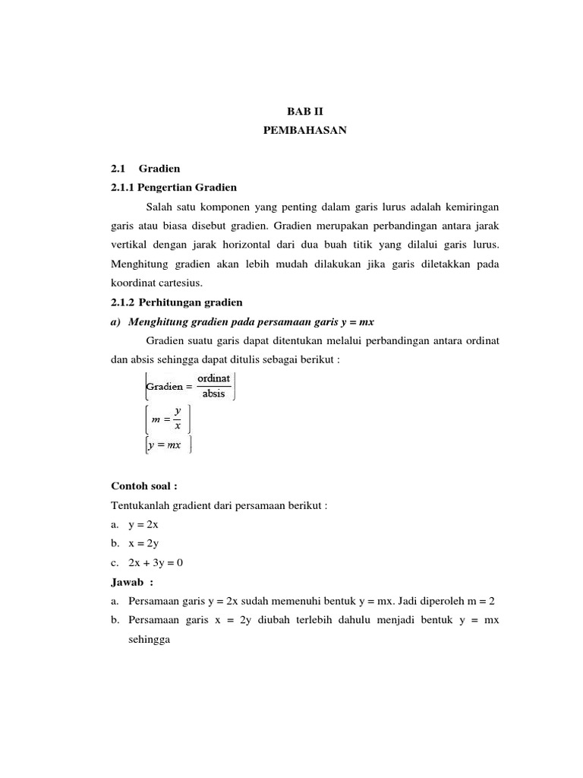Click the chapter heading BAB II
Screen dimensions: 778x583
click(x=304, y=111)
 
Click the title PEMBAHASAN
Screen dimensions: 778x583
click(x=304, y=131)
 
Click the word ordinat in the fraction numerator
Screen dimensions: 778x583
click(x=213, y=378)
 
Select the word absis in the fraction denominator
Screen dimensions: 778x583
click(x=213, y=394)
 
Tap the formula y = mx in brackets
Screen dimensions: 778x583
click(x=166, y=445)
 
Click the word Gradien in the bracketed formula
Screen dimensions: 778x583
click(x=164, y=386)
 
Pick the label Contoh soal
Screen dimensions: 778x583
click(x=143, y=486)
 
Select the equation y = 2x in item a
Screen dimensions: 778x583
click(x=143, y=525)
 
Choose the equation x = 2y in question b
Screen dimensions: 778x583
click(x=143, y=544)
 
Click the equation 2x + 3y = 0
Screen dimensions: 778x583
click(x=156, y=563)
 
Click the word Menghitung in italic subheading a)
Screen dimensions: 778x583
click(x=155, y=321)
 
